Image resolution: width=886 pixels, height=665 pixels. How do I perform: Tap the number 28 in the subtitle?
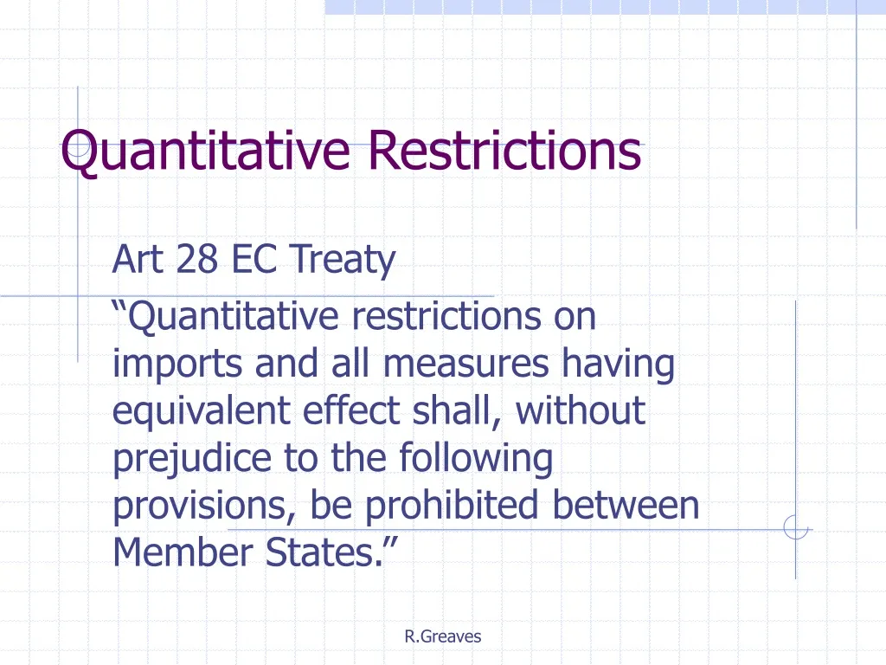(x=198, y=259)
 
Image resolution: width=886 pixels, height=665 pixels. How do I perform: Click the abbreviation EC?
(x=254, y=259)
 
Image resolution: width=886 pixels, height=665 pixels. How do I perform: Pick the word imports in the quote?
(x=177, y=365)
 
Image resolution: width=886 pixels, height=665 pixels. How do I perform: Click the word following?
(x=475, y=458)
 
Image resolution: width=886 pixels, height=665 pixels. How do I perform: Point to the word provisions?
(x=202, y=506)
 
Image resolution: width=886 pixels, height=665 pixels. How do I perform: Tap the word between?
(x=626, y=505)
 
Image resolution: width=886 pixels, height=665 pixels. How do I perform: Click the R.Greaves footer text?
(x=442, y=636)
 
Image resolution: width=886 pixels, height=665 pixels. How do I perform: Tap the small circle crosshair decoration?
(x=795, y=528)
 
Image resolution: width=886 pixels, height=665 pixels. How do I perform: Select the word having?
(x=618, y=365)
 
